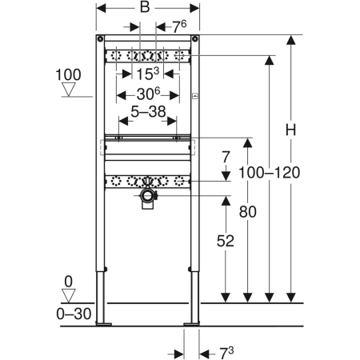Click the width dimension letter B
coord(145,7)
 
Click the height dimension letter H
coord(290,130)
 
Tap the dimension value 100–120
coord(270,173)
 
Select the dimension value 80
coord(248,212)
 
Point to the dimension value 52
coord(226,241)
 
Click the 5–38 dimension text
coord(148,111)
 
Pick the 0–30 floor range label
coord(74,314)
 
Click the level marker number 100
coord(68,74)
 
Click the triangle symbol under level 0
coord(69,296)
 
